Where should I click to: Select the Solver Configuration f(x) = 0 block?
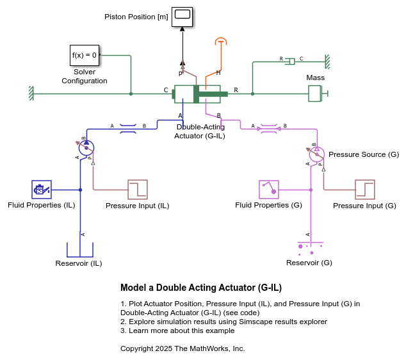click(x=85, y=55)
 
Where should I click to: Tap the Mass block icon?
click(x=315, y=94)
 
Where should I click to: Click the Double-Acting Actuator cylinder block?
click(x=197, y=94)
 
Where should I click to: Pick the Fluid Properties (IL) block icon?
click(x=41, y=190)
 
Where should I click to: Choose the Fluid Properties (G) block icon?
click(x=268, y=190)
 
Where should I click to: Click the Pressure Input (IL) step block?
click(x=138, y=190)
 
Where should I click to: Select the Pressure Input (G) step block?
click(x=365, y=190)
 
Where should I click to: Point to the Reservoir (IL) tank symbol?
click(x=80, y=249)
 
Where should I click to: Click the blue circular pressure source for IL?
click(x=86, y=148)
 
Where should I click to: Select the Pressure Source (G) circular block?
click(x=316, y=154)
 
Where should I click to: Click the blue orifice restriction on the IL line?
click(x=128, y=129)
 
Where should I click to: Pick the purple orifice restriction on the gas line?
click(x=268, y=129)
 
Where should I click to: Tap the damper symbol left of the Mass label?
click(x=291, y=61)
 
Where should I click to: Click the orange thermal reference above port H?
click(x=221, y=42)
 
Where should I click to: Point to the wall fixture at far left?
click(x=30, y=94)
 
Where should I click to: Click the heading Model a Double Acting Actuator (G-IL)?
click(x=201, y=288)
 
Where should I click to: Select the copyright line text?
click(x=182, y=348)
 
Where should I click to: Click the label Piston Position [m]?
click(x=136, y=17)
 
